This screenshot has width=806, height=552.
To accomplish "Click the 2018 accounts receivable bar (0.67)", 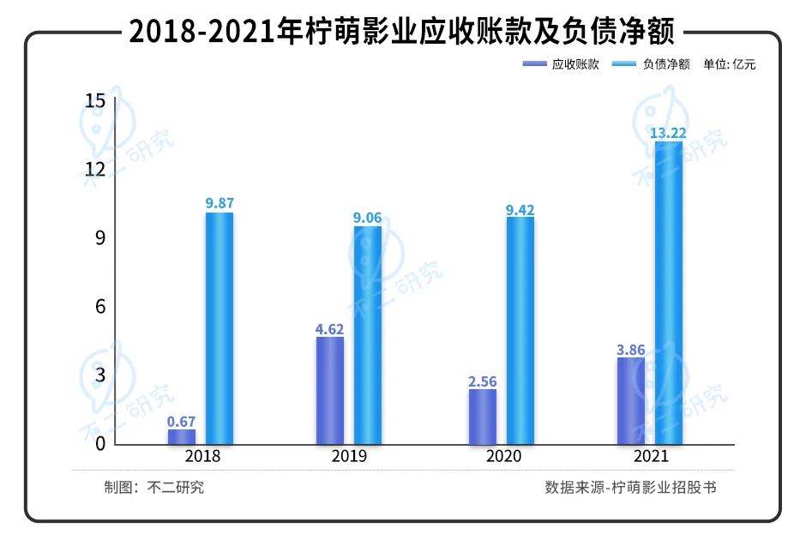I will pyautogui.click(x=182, y=436).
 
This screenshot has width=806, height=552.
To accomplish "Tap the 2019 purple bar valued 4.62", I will pyautogui.click(x=330, y=390).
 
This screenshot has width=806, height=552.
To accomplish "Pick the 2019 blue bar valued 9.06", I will pyautogui.click(x=368, y=335).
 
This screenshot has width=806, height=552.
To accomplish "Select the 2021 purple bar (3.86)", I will pyautogui.click(x=631, y=400).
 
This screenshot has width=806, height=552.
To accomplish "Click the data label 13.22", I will pyautogui.click(x=668, y=133).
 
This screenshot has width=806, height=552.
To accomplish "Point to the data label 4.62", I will pyautogui.click(x=330, y=327).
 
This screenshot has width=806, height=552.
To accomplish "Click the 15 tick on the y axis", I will pyautogui.click(x=95, y=101).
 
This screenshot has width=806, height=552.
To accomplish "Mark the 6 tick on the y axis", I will pyautogui.click(x=99, y=307).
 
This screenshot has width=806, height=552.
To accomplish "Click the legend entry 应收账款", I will pyautogui.click(x=574, y=64).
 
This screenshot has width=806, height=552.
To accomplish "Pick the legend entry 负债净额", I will pyautogui.click(x=665, y=64).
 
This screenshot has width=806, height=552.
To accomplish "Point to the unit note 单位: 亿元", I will pyautogui.click(x=729, y=64).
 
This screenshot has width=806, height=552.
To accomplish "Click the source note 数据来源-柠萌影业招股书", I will pyautogui.click(x=630, y=487).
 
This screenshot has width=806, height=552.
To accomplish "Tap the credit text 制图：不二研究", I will pyautogui.click(x=154, y=487).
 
